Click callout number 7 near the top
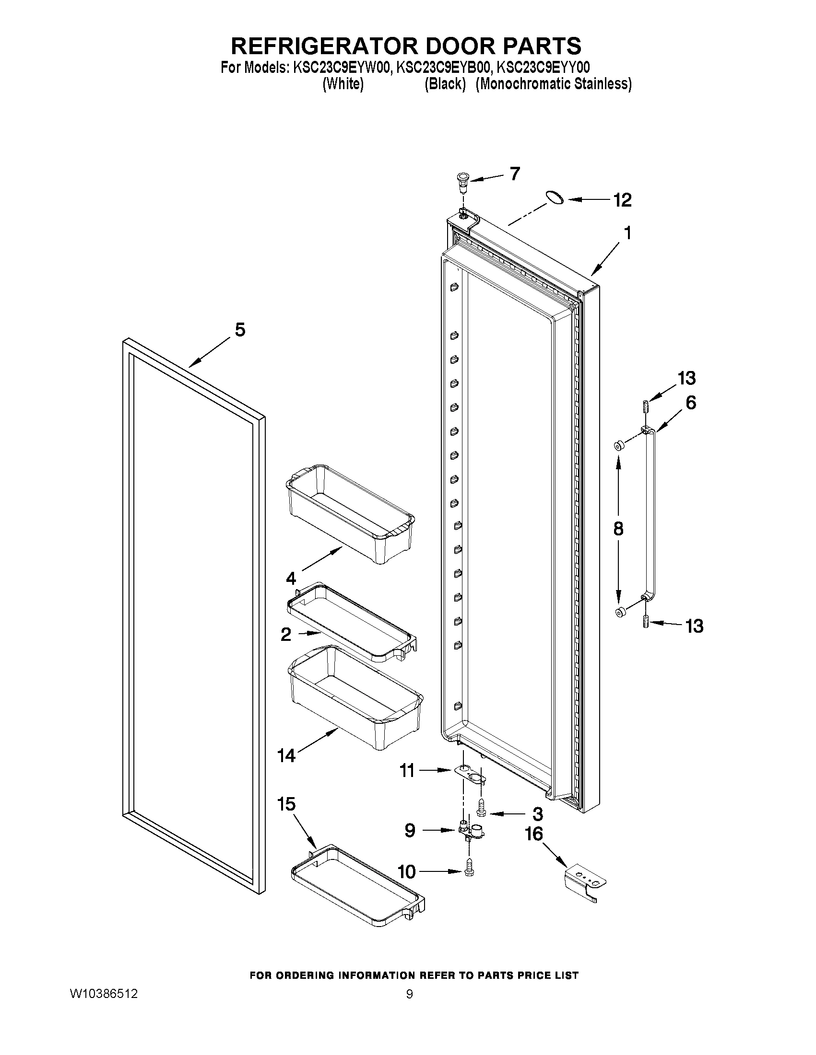pos(514,174)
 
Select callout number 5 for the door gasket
pos(240,330)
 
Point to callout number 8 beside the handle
pos(618,529)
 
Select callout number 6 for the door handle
pos(691,402)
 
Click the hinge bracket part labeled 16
pos(585,882)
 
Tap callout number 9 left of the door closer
pos(410,831)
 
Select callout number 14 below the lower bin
pos(286,755)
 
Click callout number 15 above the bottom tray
pos(286,805)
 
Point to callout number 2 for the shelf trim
pos(286,634)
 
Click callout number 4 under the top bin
pos(291,578)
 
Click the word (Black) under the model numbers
pos(445,84)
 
